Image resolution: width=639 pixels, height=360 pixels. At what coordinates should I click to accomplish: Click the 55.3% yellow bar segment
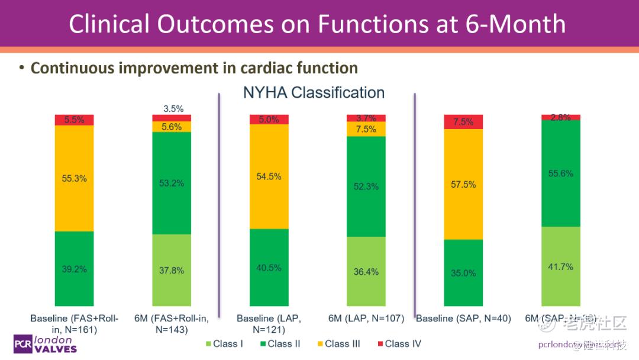74,178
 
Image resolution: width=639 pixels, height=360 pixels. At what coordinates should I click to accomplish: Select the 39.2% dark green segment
74,268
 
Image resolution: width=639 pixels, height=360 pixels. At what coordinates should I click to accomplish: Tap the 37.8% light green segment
172,270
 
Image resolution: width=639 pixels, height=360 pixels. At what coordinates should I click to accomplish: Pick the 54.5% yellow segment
269,176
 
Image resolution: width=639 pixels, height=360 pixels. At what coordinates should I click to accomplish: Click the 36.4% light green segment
366,271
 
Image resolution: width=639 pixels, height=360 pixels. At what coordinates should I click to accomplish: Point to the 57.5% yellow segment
463,184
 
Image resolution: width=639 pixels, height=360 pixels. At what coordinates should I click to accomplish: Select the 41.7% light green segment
560,266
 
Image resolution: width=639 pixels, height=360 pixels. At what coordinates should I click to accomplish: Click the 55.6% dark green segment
560,173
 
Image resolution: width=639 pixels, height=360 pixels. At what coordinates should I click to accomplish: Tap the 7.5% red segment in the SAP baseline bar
463,122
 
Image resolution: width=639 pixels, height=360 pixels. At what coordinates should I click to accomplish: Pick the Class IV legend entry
398,343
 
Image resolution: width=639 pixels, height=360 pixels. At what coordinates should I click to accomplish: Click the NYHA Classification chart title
314,93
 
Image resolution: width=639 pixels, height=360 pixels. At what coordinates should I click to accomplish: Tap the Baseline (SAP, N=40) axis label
463,319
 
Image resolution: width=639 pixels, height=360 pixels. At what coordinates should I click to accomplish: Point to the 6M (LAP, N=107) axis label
366,319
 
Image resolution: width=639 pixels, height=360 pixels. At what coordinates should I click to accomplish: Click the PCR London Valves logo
45,344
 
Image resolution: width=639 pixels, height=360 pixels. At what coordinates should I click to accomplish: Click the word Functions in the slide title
370,24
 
